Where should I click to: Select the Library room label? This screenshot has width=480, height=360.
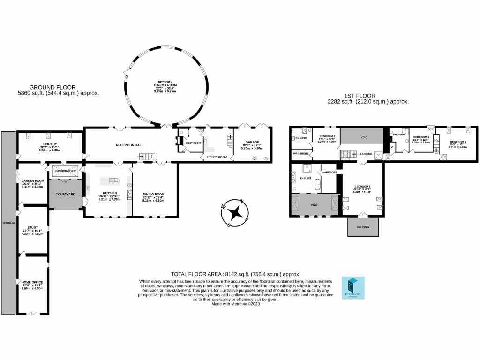point(50,144)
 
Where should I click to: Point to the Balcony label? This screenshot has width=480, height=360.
point(362,228)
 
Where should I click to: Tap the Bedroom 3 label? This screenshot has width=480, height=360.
point(457,142)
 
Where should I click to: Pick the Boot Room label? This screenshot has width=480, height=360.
point(193,143)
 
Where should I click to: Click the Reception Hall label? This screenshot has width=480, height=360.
point(129,145)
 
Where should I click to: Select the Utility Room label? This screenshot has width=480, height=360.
point(217,157)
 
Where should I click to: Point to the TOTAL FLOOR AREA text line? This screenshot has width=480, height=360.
point(236,274)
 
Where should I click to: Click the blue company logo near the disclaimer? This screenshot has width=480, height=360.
point(351,286)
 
